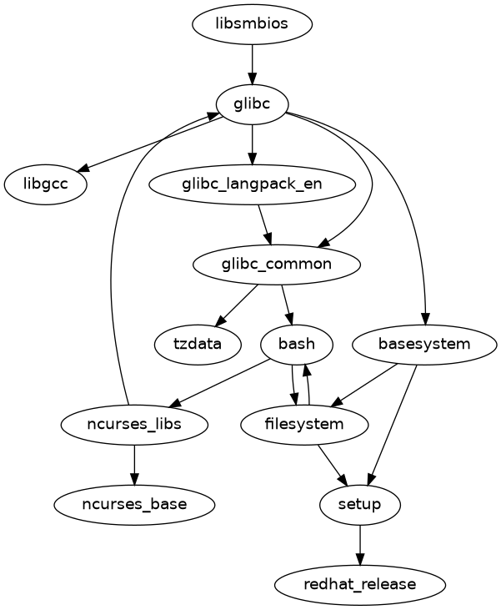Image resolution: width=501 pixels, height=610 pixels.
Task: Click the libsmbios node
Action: (252, 24)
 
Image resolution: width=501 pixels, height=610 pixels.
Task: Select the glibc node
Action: (252, 104)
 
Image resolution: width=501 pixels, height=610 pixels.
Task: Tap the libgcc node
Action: (46, 184)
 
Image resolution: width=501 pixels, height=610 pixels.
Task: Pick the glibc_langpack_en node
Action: (252, 184)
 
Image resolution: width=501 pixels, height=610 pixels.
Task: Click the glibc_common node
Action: (277, 265)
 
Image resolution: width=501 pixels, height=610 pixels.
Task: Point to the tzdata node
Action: (198, 344)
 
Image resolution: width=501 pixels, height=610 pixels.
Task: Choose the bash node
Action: (297, 344)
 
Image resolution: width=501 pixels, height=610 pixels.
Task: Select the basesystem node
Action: (424, 344)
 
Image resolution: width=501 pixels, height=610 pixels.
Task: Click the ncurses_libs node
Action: (134, 425)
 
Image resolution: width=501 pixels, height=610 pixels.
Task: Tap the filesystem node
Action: (304, 425)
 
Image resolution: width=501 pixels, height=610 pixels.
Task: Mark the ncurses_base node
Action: (134, 504)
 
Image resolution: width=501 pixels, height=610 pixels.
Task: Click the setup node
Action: (360, 504)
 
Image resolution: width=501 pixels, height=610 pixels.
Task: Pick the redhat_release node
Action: (360, 584)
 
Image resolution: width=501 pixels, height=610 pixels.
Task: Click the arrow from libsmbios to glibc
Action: (252, 64)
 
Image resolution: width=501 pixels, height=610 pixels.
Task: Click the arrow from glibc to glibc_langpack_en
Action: (252, 144)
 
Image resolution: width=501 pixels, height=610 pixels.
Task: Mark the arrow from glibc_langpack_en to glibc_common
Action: (265, 224)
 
